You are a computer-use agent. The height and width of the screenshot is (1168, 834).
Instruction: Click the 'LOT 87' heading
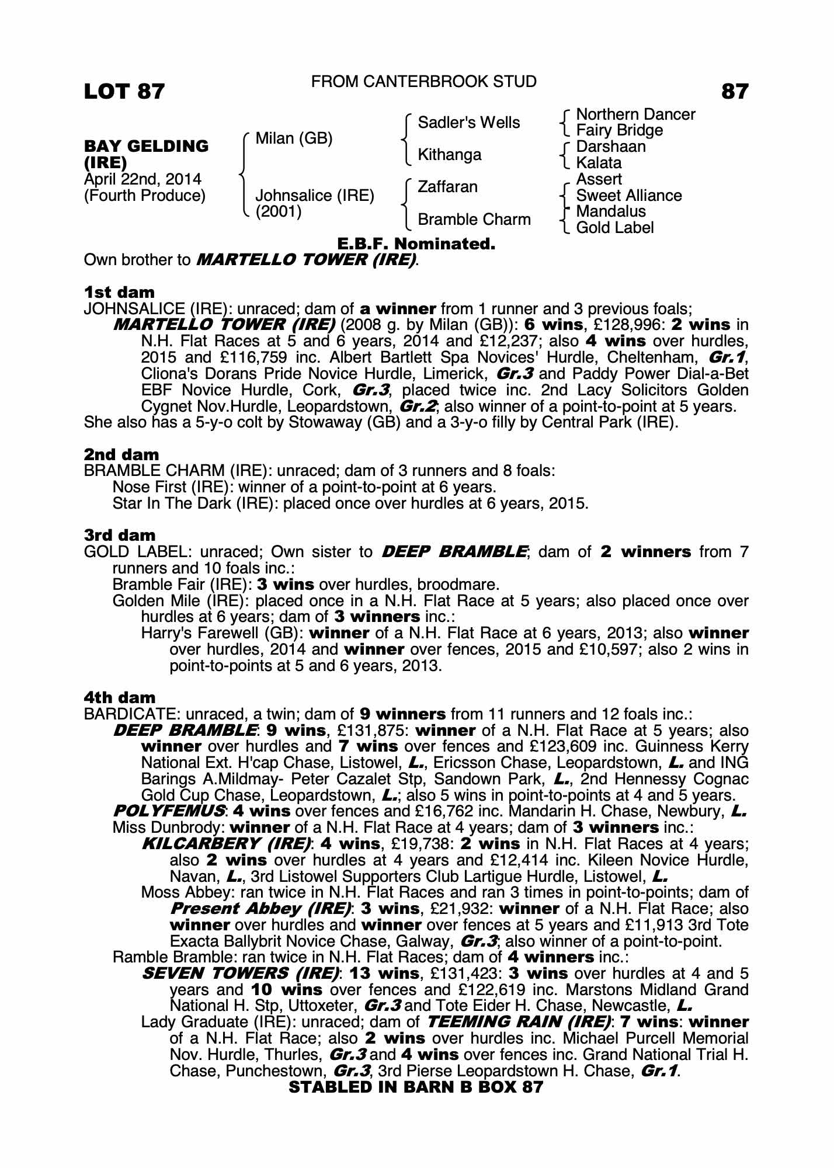coord(124,92)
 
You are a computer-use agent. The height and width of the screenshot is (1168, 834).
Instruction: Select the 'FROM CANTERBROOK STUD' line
coord(423,82)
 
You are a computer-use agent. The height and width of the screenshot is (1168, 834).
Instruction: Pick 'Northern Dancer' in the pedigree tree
coord(635,114)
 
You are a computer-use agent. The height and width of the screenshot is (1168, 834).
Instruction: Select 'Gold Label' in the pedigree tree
coord(614,228)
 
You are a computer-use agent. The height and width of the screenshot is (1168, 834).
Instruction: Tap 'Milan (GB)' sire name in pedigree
coord(294,138)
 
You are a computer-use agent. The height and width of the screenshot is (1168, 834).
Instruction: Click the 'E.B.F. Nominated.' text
coord(416,244)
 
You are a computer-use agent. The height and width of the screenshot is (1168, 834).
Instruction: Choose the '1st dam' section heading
coord(119,293)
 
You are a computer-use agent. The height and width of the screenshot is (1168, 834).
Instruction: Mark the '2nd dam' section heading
coord(121,454)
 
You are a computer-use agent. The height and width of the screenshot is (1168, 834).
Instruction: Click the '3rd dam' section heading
coord(120,536)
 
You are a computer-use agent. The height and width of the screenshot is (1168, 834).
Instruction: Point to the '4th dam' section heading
coord(120,698)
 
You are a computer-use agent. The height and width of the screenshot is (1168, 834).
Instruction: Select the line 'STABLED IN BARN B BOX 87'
coord(416,1087)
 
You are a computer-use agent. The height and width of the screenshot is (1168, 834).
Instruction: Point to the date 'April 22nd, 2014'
coord(143,179)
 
